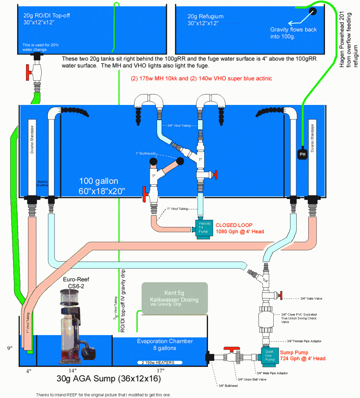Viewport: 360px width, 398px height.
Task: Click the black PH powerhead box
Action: click(302, 155)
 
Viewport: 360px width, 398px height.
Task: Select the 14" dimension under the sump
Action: click(73, 371)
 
